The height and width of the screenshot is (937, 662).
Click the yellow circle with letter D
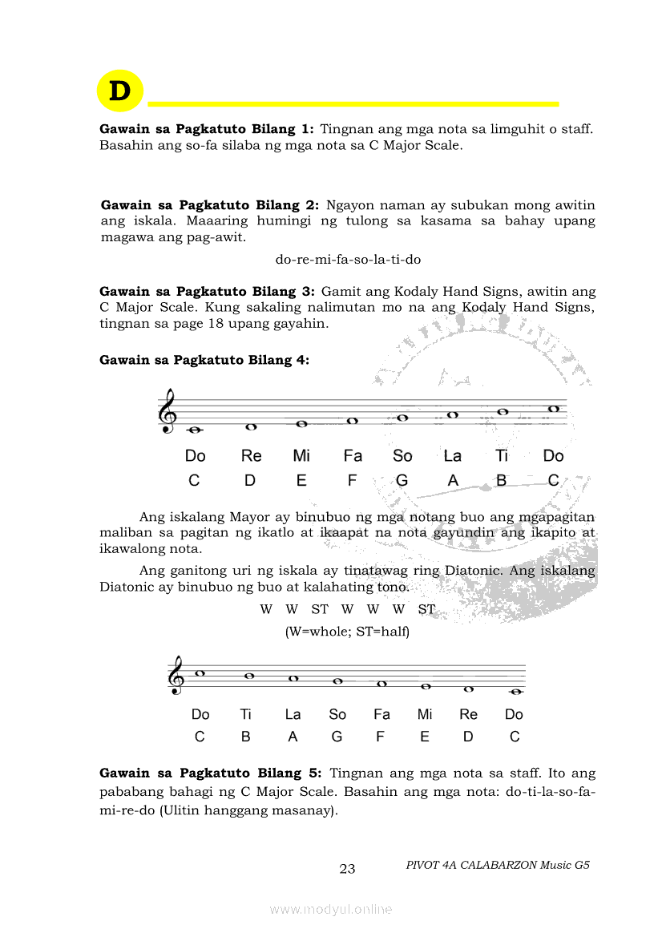click(119, 91)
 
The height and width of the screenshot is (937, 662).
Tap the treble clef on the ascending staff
click(168, 410)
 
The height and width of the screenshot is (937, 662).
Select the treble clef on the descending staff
click(176, 676)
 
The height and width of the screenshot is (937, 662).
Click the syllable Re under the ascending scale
click(251, 456)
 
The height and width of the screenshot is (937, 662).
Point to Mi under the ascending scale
click(301, 456)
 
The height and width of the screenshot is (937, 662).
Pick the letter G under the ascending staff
click(402, 481)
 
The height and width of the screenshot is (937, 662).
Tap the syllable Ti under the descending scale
click(245, 714)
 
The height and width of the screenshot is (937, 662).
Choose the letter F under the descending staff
click(380, 737)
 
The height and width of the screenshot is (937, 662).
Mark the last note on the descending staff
click(515, 692)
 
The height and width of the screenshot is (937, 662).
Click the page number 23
click(347, 869)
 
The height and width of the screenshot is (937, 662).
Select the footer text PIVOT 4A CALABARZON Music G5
click(498, 865)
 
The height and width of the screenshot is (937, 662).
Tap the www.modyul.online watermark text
click(331, 909)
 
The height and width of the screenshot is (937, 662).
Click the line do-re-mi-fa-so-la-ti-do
click(348, 260)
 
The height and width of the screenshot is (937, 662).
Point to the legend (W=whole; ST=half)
click(347, 632)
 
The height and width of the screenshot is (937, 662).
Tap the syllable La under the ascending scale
click(453, 456)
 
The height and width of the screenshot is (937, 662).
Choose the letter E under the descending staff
click(425, 737)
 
